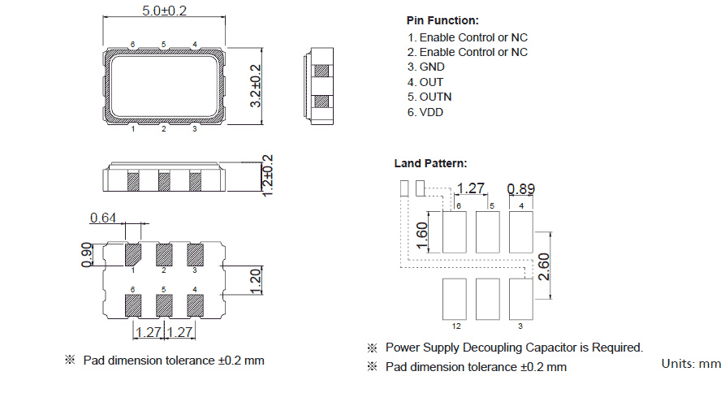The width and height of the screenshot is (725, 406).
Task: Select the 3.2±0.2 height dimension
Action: tap(256, 86)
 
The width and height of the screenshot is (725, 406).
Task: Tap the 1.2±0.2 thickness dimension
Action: tap(267, 175)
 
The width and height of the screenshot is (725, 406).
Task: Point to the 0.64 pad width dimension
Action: tap(103, 218)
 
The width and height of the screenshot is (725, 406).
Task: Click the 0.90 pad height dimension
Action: tap(88, 254)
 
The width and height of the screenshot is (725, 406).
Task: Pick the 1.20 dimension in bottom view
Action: tap(255, 280)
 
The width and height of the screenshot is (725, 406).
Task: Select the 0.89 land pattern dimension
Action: tap(520, 189)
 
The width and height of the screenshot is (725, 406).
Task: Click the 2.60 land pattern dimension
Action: tap(545, 266)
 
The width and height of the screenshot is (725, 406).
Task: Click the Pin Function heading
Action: tap(442, 20)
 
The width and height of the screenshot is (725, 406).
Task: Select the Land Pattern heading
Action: tap(430, 163)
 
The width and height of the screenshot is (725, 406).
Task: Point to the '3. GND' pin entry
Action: tap(426, 67)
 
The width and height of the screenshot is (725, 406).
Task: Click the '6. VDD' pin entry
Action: tap(425, 112)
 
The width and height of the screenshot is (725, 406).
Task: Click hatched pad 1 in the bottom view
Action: tap(133, 254)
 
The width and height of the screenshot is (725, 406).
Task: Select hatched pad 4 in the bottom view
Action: tap(195, 304)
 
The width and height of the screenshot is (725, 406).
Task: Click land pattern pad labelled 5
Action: tap(487, 232)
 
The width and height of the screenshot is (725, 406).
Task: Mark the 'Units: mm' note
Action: tap(691, 363)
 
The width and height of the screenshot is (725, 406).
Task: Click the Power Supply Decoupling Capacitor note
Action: tap(514, 348)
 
